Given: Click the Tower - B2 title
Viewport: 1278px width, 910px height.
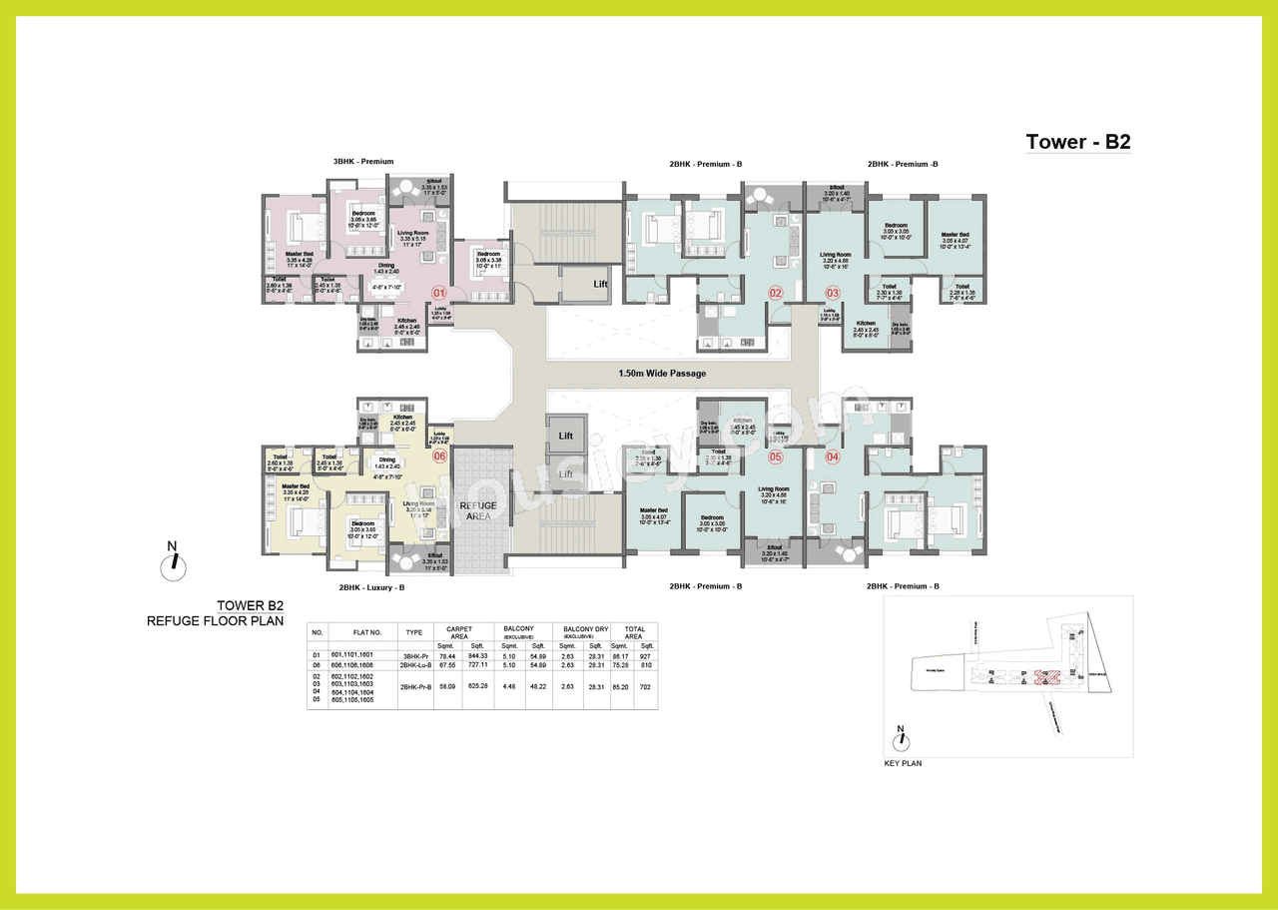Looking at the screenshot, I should coord(1077,142).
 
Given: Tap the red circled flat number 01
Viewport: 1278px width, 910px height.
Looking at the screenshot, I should coord(437,293).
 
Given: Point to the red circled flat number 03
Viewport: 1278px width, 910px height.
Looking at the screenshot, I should coord(833,293).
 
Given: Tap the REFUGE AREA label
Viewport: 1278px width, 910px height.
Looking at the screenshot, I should coord(477,511).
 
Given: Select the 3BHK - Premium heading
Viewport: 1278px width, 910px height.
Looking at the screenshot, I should coord(363,162).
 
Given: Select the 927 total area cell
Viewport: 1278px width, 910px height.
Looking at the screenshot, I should coord(646,655).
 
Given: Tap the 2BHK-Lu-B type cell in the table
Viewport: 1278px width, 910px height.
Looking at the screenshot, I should coord(414,664).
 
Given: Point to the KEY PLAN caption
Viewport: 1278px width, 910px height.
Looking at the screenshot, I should coord(903,763).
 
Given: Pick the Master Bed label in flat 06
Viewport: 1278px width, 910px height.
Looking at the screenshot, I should coord(295,485).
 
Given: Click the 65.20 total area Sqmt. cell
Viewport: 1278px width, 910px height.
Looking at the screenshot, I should coord(620,686).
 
